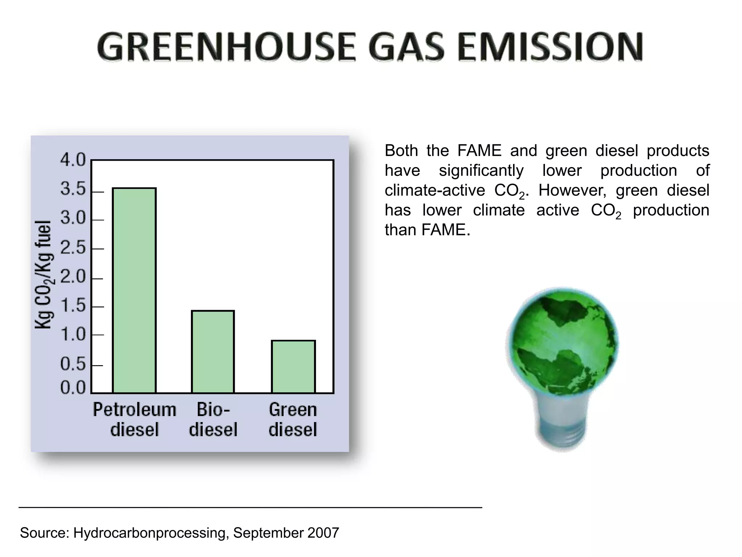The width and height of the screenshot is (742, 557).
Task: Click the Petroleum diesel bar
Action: point(134,290)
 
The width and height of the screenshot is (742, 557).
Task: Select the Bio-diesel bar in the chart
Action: point(213,351)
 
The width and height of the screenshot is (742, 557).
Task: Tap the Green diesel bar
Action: point(293,366)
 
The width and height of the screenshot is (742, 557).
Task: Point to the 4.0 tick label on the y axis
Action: point(72,160)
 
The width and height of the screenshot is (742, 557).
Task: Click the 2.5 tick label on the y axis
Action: point(72,248)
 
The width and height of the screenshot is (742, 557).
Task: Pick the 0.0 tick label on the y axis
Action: point(72,388)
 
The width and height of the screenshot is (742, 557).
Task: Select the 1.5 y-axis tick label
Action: point(72,306)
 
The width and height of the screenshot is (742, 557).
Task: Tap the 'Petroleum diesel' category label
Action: point(134,420)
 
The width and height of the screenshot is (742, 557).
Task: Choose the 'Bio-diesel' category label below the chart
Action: point(213,420)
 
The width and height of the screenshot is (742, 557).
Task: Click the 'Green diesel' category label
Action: point(293,420)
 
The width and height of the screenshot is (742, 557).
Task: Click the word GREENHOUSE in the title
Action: point(226,47)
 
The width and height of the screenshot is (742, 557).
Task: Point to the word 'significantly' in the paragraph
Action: point(481,170)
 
